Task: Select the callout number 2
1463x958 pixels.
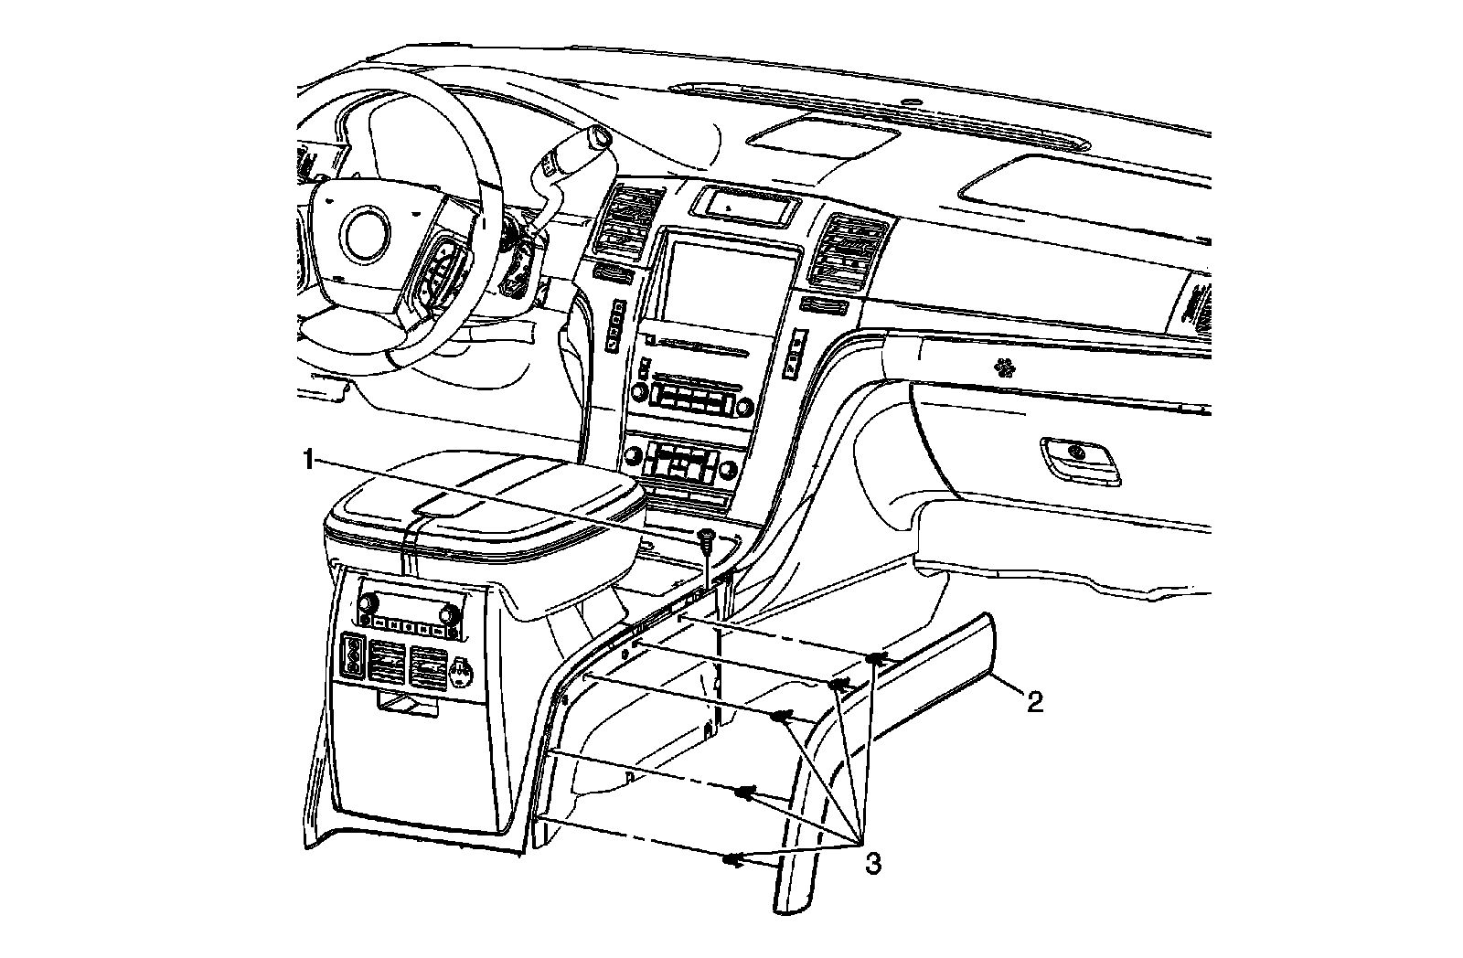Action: click(1033, 702)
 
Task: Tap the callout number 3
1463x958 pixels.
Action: click(873, 863)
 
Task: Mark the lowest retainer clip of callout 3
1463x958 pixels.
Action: click(732, 859)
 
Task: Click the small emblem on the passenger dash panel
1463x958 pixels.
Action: click(1007, 368)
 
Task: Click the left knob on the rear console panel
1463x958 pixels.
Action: click(370, 604)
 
